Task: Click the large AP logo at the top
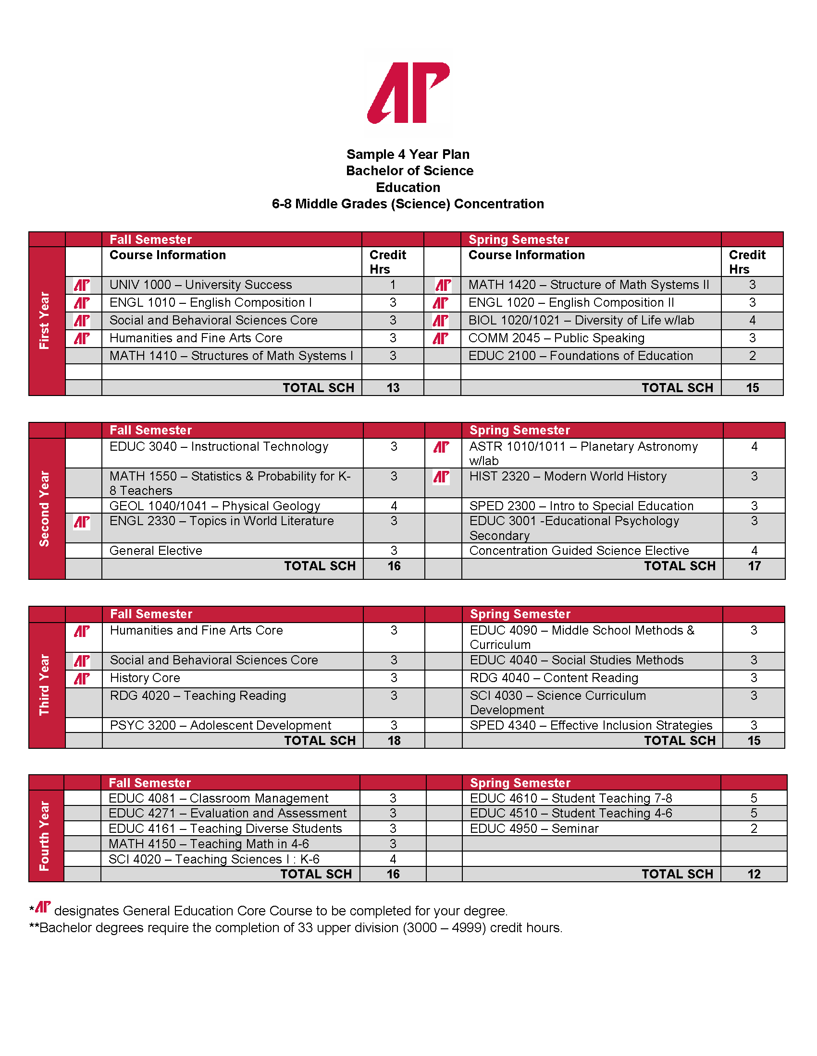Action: tap(408, 92)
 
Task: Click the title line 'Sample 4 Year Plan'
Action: tap(408, 154)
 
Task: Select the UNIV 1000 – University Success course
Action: tap(200, 285)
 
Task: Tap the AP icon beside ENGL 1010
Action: tap(82, 303)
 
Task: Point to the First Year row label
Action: tap(45, 321)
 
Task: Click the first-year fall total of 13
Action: tap(393, 388)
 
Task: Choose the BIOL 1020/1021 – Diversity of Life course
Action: tap(581, 321)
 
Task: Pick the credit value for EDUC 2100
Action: tap(752, 356)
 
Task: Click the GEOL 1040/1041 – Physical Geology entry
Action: tap(214, 506)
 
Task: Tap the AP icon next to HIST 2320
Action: tap(441, 477)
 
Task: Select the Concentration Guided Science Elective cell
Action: tap(579, 551)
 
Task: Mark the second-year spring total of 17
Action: tap(754, 566)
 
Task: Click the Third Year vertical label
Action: tap(45, 684)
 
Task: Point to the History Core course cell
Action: tap(145, 678)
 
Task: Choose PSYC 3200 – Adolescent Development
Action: tap(220, 725)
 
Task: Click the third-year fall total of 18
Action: tap(394, 741)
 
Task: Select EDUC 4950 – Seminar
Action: tap(534, 829)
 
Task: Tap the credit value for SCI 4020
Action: tap(393, 859)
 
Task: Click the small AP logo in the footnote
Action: tap(43, 907)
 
